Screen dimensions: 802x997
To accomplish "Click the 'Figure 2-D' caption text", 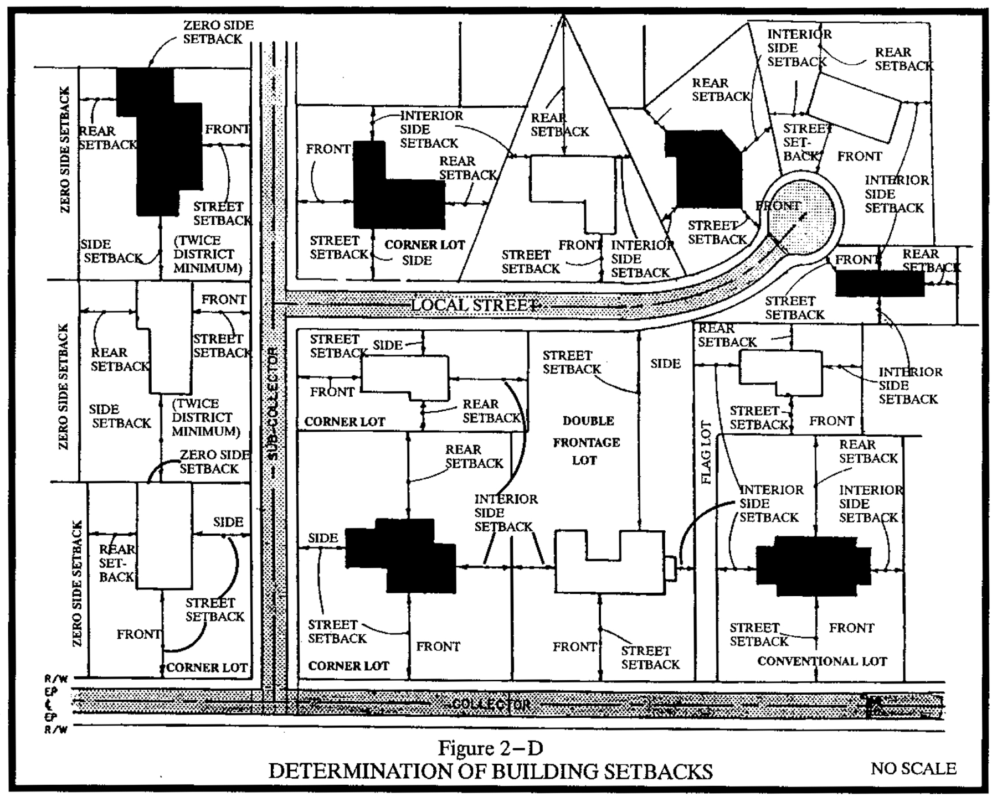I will click(490, 748).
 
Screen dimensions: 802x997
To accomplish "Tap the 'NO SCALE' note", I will click(913, 769).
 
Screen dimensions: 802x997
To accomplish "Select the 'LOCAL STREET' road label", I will click(475, 305).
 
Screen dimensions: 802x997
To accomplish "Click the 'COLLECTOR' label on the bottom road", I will click(491, 705).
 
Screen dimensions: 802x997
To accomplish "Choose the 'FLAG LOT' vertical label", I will click(706, 452).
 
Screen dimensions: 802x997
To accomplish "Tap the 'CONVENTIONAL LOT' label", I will click(822, 661).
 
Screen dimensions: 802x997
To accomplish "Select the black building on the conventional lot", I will click(813, 566).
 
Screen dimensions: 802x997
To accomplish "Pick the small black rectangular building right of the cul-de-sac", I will click(879, 283).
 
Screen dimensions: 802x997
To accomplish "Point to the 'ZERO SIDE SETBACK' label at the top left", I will click(218, 32).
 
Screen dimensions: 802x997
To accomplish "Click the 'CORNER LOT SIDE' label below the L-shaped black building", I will click(424, 252).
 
